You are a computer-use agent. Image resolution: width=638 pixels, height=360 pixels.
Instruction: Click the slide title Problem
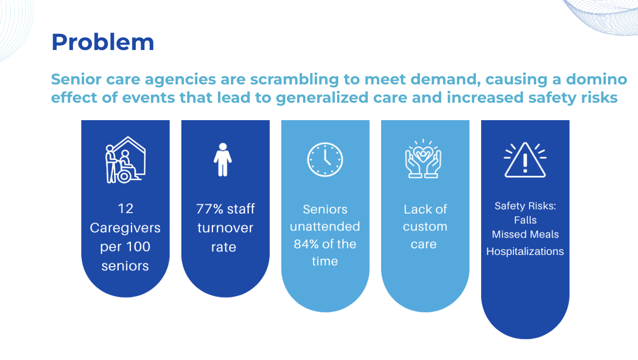103,42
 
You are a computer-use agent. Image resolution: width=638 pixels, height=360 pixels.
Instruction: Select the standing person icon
223,159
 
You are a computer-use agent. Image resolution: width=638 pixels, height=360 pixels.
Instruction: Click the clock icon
325,159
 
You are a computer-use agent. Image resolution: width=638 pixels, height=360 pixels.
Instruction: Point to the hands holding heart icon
423,159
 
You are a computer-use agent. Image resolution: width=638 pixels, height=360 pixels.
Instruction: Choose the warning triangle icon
525,160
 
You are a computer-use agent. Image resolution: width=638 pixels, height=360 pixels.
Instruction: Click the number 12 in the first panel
126,209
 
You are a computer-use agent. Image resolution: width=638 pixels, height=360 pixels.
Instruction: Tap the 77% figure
210,209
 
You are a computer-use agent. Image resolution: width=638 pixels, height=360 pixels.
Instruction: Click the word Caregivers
125,228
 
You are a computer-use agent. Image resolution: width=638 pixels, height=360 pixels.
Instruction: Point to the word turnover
225,228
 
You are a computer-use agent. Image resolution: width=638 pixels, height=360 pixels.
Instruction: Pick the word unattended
325,227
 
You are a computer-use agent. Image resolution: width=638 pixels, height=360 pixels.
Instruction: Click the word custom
425,227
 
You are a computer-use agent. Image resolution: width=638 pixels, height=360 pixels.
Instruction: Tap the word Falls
525,220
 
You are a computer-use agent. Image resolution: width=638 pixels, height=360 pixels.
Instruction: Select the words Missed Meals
525,234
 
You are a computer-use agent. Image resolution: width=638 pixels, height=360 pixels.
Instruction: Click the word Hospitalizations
525,251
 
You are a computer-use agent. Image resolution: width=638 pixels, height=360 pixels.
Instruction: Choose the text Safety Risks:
525,205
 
